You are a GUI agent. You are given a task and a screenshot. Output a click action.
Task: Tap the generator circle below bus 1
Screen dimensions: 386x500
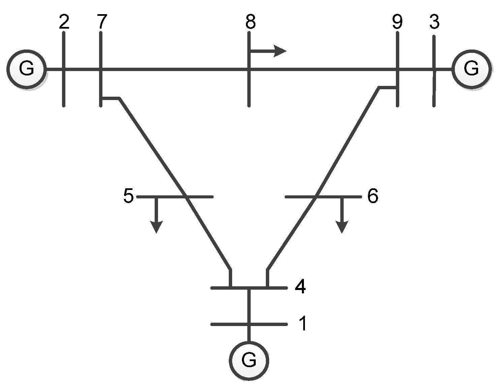[x=249, y=361]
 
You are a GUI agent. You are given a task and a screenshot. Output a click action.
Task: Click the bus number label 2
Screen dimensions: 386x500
[x=64, y=22]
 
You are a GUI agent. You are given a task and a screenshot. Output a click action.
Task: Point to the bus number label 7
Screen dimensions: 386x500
[x=101, y=22]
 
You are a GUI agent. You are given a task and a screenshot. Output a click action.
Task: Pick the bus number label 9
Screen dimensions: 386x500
[x=397, y=22]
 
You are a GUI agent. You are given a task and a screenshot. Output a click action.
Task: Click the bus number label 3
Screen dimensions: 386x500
[x=434, y=22]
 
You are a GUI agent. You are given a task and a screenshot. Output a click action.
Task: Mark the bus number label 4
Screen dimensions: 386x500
[x=300, y=287]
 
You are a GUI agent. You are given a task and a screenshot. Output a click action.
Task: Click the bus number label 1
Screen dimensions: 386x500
[x=303, y=324]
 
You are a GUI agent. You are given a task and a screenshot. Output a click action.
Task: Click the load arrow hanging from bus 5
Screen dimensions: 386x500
[x=156, y=216]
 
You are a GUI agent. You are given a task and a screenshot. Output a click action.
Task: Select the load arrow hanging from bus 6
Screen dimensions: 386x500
[x=342, y=216]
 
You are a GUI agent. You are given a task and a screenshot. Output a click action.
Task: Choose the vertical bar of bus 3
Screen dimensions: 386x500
[x=434, y=88]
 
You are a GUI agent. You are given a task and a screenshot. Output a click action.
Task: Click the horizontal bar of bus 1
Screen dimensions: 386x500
[x=229, y=324]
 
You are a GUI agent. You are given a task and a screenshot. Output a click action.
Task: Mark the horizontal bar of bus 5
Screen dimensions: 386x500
[x=162, y=196]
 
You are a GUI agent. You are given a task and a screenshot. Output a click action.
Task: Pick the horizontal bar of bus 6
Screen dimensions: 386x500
[x=337, y=197]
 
